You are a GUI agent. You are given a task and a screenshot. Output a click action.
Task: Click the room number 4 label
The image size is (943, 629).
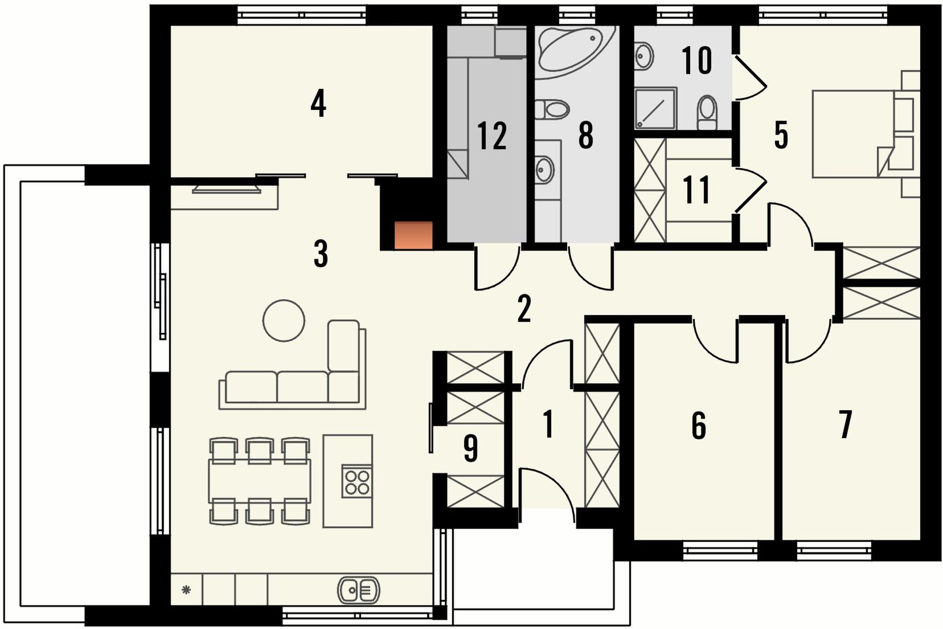(318, 105)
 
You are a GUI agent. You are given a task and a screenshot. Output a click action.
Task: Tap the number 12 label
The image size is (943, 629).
(492, 136)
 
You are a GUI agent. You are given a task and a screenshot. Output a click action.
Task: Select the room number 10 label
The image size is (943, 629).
(697, 60)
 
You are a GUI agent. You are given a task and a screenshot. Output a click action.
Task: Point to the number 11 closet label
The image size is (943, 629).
(696, 190)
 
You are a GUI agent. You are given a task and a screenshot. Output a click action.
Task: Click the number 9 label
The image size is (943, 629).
(471, 449)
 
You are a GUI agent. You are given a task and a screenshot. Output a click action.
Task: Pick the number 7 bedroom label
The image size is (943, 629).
(846, 424)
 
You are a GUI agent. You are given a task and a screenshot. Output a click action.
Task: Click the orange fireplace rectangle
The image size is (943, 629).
(413, 235)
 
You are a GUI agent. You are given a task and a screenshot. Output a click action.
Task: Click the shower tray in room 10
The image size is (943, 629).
(655, 108)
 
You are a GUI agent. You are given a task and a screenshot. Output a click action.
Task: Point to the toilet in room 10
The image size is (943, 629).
(707, 113)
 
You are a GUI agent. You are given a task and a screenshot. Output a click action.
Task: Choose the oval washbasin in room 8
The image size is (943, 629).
(545, 170)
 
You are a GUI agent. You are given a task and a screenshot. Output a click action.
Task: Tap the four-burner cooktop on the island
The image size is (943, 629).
(357, 481)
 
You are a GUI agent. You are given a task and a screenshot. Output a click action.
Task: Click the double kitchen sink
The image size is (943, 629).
(358, 590)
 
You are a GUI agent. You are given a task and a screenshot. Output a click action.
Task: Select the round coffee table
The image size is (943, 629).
(284, 320)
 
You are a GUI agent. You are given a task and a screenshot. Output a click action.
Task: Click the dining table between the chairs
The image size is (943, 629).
(260, 481)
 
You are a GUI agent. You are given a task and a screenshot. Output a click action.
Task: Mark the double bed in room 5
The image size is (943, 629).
(855, 133)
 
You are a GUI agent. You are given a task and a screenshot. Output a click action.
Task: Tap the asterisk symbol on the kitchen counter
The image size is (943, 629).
(186, 590)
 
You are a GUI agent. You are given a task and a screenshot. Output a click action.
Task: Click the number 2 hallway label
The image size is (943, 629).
(524, 309)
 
